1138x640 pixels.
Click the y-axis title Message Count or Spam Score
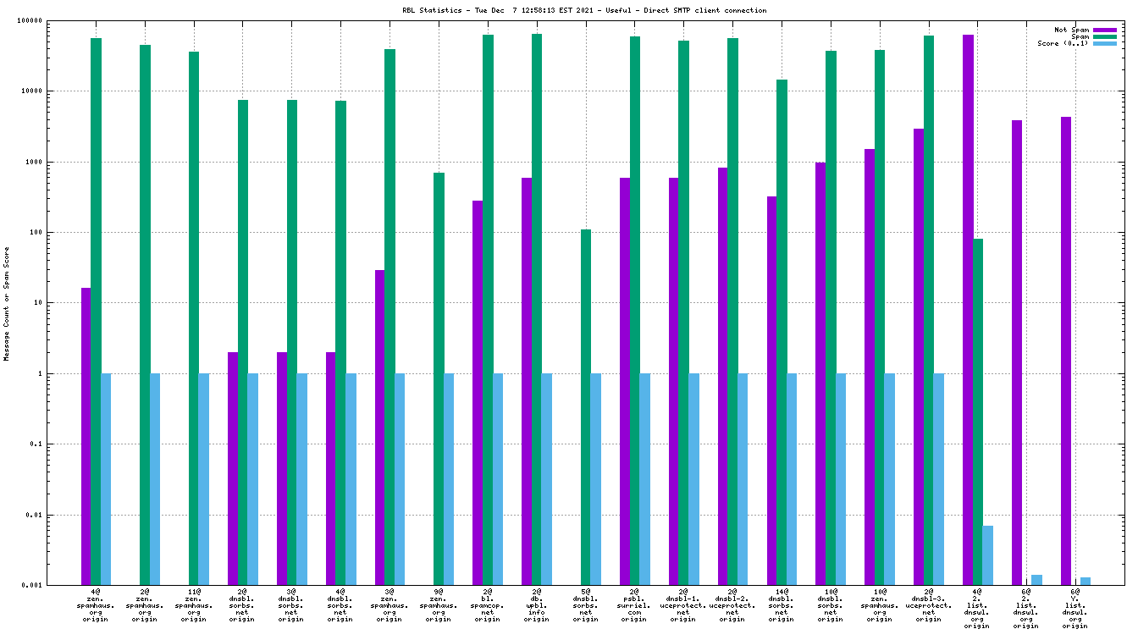pyautogui.click(x=7, y=304)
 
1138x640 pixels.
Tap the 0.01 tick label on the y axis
pyautogui.click(x=57, y=515)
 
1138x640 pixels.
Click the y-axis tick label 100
pyautogui.click(x=59, y=232)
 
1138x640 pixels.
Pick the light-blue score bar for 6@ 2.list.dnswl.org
pyautogui.click(x=1036, y=580)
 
